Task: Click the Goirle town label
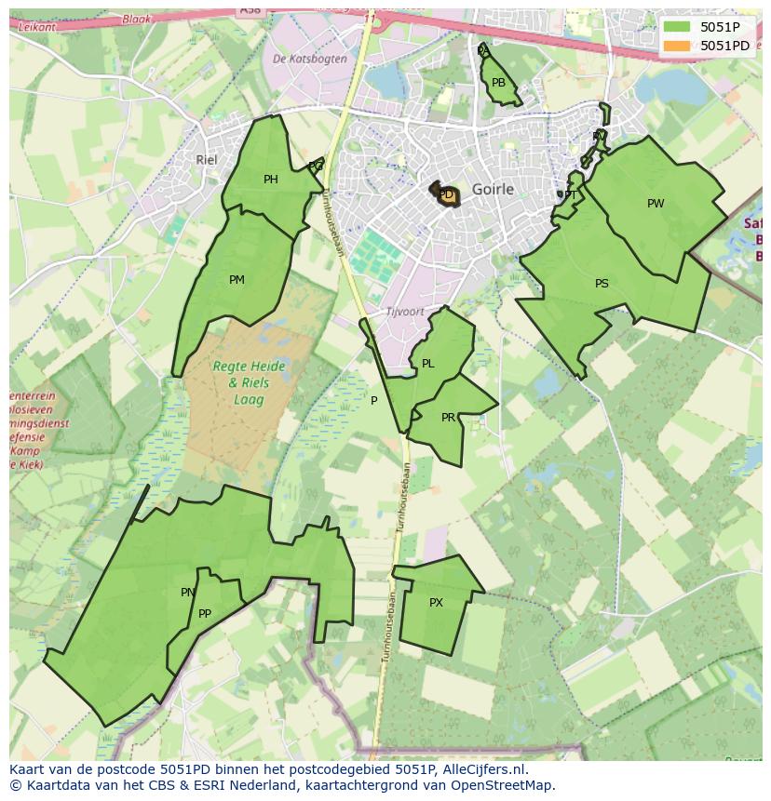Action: tap(493, 189)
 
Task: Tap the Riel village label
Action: tap(206, 160)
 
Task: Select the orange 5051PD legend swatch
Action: tap(678, 46)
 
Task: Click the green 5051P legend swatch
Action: tap(678, 27)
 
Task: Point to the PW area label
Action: tap(656, 204)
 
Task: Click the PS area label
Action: tap(602, 284)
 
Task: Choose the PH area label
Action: tap(270, 180)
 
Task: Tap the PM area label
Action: tap(237, 280)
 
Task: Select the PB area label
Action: tap(498, 84)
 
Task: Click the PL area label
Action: tap(427, 365)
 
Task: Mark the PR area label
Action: tap(448, 418)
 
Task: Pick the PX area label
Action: tap(436, 604)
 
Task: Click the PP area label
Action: tap(205, 614)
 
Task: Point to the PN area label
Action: tap(187, 593)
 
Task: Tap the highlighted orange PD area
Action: tap(449, 194)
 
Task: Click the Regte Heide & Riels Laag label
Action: tap(240, 382)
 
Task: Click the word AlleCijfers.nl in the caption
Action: tap(483, 770)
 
